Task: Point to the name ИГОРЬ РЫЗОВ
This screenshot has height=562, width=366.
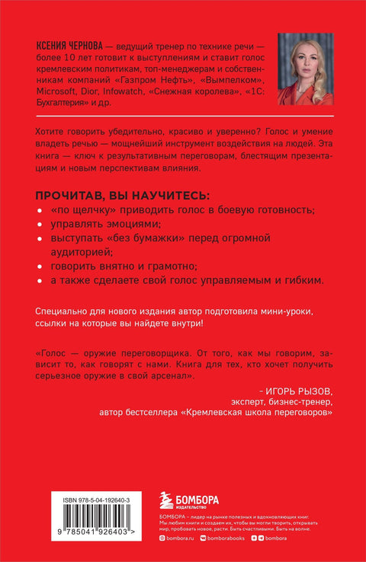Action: tap(294, 385)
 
